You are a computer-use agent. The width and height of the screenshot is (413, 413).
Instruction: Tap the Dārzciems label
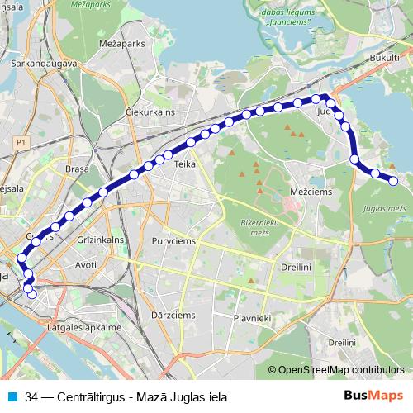(173, 315)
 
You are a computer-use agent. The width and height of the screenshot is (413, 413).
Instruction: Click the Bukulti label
(385, 59)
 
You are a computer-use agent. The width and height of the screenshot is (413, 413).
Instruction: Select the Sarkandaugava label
(44, 62)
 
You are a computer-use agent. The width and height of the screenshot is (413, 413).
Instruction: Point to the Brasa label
(77, 169)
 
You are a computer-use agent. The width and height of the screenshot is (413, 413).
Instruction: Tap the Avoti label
(86, 265)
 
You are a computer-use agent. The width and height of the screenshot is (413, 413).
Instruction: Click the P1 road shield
(21, 142)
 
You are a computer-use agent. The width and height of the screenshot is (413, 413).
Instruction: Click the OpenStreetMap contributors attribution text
(342, 369)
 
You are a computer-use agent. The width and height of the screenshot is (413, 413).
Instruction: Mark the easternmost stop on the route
(393, 180)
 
